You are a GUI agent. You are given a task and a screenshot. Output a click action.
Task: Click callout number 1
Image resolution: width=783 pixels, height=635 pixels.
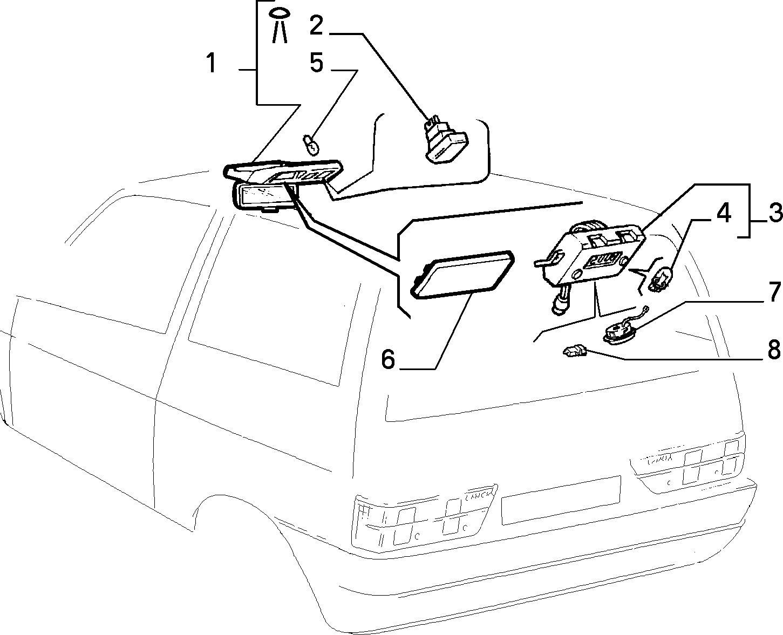tap(211, 63)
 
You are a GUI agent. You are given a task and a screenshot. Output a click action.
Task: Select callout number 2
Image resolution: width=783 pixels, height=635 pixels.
tap(316, 25)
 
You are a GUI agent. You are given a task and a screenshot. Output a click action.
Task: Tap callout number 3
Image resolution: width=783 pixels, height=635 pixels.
tap(775, 214)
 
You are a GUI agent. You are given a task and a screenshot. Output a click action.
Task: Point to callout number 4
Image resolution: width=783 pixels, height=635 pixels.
tap(724, 213)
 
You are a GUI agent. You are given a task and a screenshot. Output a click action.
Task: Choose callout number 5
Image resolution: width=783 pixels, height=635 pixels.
tap(317, 63)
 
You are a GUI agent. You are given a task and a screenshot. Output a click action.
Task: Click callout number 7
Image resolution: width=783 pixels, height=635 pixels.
tap(774, 292)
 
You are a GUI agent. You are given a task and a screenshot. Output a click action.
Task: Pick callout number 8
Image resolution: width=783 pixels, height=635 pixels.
tap(774, 349)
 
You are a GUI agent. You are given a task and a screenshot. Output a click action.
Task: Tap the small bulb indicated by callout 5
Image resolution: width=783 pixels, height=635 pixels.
tap(311, 146)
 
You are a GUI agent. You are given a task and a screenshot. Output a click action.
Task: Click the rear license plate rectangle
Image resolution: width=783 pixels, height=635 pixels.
tap(561, 500)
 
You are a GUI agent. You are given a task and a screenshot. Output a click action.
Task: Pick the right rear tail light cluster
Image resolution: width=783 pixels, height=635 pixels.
tap(687, 467)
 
